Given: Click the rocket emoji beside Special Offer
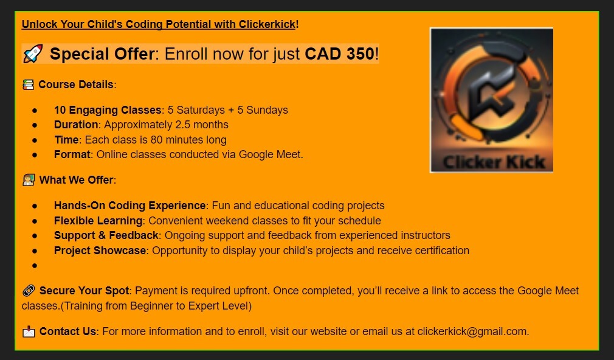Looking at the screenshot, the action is [32, 54].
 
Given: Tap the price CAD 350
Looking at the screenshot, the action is [339, 54].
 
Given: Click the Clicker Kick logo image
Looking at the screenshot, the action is [491, 100].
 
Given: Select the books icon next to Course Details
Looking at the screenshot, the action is [28, 85].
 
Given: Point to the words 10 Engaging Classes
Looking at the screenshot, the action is [108, 110].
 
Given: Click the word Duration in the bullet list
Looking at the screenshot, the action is [76, 125].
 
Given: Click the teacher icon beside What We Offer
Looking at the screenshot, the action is [29, 180].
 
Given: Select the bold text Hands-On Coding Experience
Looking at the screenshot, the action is [130, 206].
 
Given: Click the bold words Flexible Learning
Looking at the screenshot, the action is [98, 221].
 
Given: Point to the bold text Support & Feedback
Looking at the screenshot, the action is [106, 235].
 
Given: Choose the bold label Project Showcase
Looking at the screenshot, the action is [100, 251].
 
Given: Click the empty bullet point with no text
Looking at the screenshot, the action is [35, 266].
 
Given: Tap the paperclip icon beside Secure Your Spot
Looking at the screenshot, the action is [29, 291].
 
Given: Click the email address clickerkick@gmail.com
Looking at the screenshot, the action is [472, 331].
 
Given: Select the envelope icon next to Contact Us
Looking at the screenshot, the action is [29, 331].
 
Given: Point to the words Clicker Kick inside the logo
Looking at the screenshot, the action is [494, 162].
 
